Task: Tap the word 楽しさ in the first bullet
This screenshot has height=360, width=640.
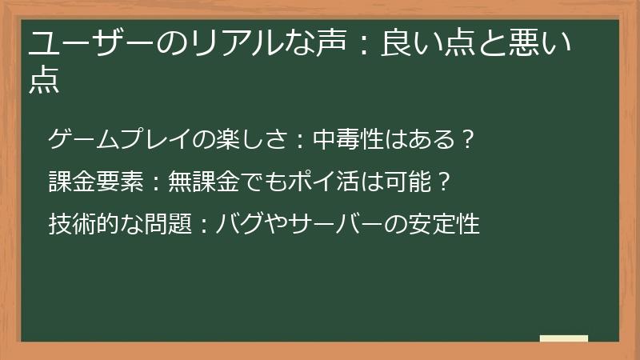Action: point(248,141)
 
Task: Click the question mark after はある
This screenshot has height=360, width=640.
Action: point(469,141)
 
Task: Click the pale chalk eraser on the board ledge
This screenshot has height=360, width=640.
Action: point(564,338)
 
